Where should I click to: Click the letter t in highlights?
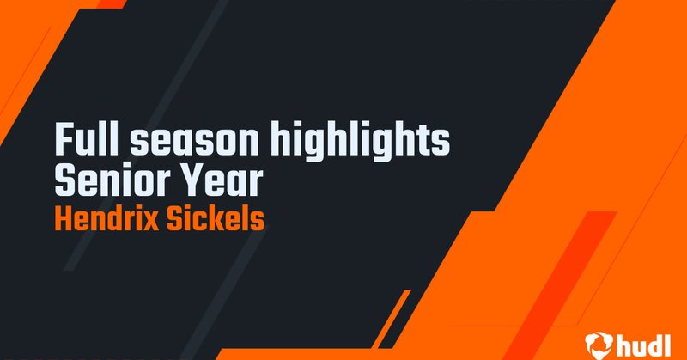tap(426, 140)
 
